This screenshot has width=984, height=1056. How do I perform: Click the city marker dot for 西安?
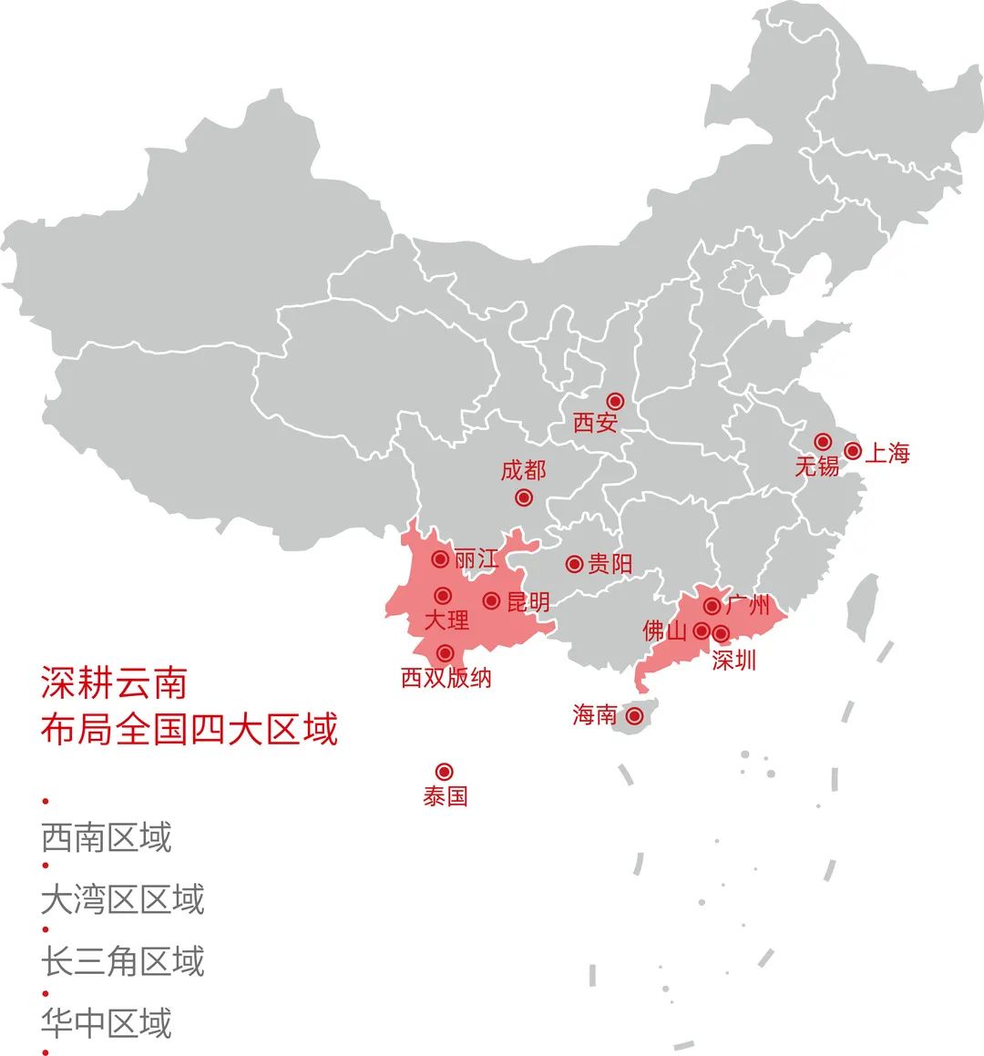[x=615, y=401]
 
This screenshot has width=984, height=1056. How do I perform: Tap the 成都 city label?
[x=523, y=470]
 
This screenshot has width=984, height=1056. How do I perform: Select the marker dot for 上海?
[x=853, y=451]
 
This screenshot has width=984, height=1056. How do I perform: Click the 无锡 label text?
[x=816, y=466]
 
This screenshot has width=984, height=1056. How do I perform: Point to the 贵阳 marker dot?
[x=574, y=565]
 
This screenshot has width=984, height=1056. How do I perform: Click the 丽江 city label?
[x=477, y=559]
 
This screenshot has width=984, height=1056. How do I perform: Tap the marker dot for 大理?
[x=443, y=596]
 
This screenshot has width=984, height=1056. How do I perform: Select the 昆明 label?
[x=528, y=602]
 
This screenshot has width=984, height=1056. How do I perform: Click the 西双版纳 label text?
[x=446, y=678]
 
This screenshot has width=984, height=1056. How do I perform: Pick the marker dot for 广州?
[x=712, y=606]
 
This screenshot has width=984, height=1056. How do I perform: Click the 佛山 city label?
[x=664, y=631]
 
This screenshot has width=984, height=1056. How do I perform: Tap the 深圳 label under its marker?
[x=734, y=660]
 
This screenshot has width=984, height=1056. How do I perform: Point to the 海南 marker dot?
[x=634, y=717]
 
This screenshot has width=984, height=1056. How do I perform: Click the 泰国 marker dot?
[x=445, y=772]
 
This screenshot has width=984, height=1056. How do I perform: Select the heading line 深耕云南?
[x=114, y=682]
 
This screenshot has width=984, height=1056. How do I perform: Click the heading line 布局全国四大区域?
[x=189, y=730]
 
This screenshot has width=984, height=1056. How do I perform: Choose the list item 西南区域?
[x=106, y=837]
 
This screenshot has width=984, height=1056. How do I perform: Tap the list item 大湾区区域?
[x=122, y=899]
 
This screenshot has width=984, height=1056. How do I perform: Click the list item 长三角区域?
[x=122, y=961]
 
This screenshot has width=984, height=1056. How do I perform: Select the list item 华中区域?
[x=106, y=1023]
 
